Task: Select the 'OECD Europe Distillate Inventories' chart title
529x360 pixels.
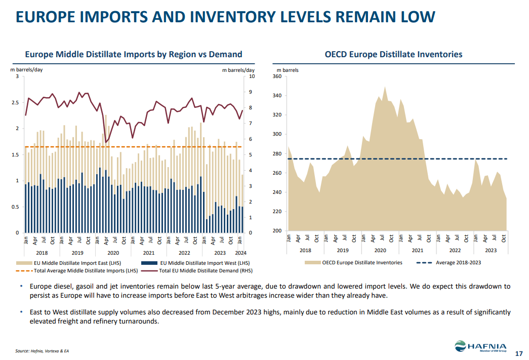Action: click(393, 54)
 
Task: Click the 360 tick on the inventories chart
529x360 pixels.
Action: click(277, 76)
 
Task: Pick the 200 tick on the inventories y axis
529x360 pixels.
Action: click(277, 231)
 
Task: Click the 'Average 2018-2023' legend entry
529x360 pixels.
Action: click(458, 263)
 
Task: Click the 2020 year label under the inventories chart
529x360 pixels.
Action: click(380, 250)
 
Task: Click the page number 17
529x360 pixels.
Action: click(518, 353)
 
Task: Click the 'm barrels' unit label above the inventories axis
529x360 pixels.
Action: click(288, 70)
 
